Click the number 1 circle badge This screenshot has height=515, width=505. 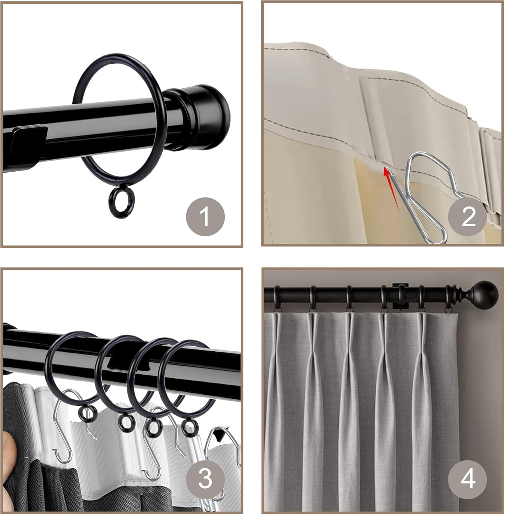click(205, 216)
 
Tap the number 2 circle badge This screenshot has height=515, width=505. click(468, 217)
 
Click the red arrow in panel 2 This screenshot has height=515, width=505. click(392, 188)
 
